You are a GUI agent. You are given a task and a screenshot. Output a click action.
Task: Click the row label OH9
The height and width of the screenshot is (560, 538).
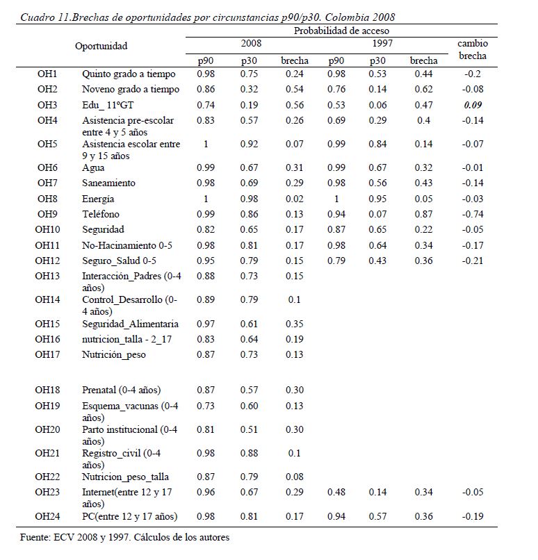pos(47,214)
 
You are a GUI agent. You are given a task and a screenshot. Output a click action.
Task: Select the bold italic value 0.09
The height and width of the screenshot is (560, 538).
pos(473,105)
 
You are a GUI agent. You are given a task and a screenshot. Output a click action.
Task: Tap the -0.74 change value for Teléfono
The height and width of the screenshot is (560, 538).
pos(473,214)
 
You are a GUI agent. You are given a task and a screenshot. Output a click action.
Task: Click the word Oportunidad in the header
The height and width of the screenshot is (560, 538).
pos(101,46)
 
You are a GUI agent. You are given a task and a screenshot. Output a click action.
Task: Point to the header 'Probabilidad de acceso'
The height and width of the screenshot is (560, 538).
pos(341,31)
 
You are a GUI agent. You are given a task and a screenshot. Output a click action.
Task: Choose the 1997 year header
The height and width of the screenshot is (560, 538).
pos(382,43)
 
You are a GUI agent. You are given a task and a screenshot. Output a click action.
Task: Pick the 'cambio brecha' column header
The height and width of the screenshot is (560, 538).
pos(473,49)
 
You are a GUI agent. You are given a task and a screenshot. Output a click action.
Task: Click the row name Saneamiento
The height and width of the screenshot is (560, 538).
pos(108,183)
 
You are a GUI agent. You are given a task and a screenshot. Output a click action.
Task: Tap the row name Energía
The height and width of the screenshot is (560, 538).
pos(98,199)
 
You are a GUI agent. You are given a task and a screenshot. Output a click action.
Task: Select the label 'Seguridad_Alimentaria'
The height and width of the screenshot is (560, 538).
pos(130,324)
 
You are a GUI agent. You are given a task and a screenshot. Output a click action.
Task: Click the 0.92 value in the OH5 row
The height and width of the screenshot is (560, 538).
pos(249,144)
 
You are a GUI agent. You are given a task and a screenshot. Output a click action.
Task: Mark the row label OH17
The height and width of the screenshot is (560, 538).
pos(47,354)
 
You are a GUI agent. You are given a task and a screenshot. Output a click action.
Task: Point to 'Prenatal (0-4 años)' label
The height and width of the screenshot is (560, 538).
pos(122,390)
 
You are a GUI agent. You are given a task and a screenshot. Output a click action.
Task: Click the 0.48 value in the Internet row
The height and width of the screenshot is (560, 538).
pos(336,492)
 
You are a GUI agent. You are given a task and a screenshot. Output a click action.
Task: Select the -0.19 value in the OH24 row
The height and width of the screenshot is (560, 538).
pos(473,516)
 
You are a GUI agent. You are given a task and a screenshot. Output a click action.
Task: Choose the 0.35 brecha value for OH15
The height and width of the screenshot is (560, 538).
pos(294,324)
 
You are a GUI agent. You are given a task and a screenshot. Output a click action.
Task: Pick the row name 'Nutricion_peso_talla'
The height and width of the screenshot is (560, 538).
pos(125,477)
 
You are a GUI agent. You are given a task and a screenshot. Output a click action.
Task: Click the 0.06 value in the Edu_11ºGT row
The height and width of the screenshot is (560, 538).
pos(377,105)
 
